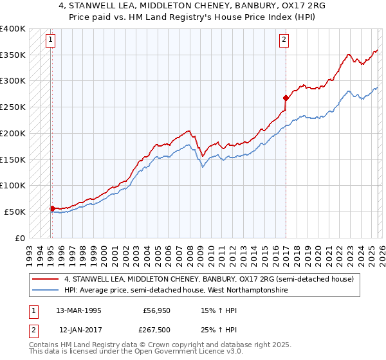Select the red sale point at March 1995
point(52,208)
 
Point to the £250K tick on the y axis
point(13,107)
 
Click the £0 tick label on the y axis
point(20,238)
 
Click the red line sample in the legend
point(46,280)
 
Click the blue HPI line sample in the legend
point(46,291)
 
